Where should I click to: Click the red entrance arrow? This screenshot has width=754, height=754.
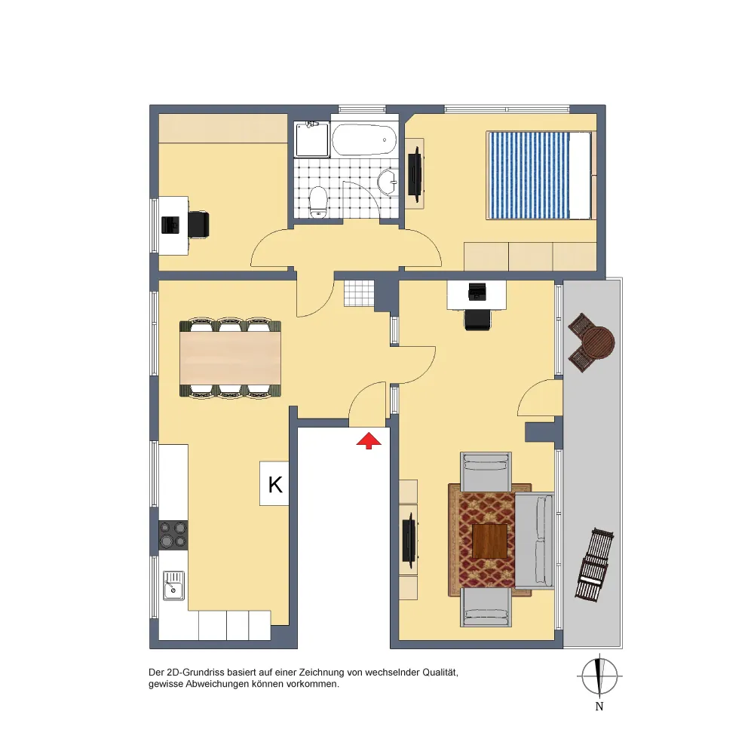369,440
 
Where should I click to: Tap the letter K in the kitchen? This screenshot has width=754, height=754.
275,484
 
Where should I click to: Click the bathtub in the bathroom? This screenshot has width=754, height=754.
364,139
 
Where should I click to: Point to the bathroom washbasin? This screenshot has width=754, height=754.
388,182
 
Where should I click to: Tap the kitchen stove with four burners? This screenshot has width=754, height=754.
173,535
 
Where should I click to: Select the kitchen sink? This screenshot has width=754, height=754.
173,586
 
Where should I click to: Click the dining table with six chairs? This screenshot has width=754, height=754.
230,357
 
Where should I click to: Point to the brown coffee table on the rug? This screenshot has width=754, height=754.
489,541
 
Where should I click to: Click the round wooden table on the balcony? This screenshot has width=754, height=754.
598,343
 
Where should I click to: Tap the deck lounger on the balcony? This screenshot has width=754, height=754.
595,565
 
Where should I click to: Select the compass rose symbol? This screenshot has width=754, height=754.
599,676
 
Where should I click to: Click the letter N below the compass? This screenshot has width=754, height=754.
599,706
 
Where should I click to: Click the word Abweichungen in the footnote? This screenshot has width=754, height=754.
215,685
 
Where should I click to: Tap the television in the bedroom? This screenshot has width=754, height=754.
415,174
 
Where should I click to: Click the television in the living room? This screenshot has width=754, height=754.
409,541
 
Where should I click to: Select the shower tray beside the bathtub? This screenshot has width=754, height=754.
313,139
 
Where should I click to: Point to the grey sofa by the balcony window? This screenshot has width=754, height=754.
535,540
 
